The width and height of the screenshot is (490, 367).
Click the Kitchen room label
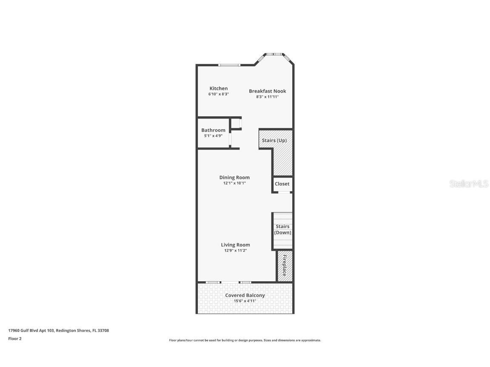pyautogui.click(x=218, y=88)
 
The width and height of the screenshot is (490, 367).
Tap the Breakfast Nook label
pyautogui.click(x=267, y=91)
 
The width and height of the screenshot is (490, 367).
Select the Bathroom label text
pyautogui.click(x=213, y=130)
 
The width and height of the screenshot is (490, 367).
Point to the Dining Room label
pyautogui.click(x=234, y=178)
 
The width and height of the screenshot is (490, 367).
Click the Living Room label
pyautogui.click(x=235, y=245)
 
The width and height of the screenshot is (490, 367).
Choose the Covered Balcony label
pyautogui.click(x=245, y=295)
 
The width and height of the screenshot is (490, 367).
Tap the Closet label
pyautogui.click(x=282, y=184)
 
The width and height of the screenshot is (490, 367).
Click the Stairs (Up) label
pyautogui.click(x=274, y=141)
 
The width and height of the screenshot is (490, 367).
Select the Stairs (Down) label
pyautogui.click(x=282, y=229)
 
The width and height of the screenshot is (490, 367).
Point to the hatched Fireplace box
pyautogui.click(x=285, y=266)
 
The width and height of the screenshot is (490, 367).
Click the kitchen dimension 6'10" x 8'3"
pyautogui.click(x=219, y=94)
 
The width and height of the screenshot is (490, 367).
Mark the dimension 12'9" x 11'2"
pyautogui.click(x=235, y=251)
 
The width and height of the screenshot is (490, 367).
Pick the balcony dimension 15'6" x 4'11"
pyautogui.click(x=245, y=301)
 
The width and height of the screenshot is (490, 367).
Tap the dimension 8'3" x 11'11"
pyautogui.click(x=267, y=97)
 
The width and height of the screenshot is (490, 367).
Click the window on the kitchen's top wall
pyautogui.click(x=229, y=65)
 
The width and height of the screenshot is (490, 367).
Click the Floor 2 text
pyautogui.click(x=14, y=339)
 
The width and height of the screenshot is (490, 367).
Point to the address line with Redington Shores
pyautogui.click(x=58, y=330)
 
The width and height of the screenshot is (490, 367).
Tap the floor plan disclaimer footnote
pyautogui.click(x=245, y=340)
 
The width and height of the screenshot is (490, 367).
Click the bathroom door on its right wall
pyautogui.click(x=230, y=139)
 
